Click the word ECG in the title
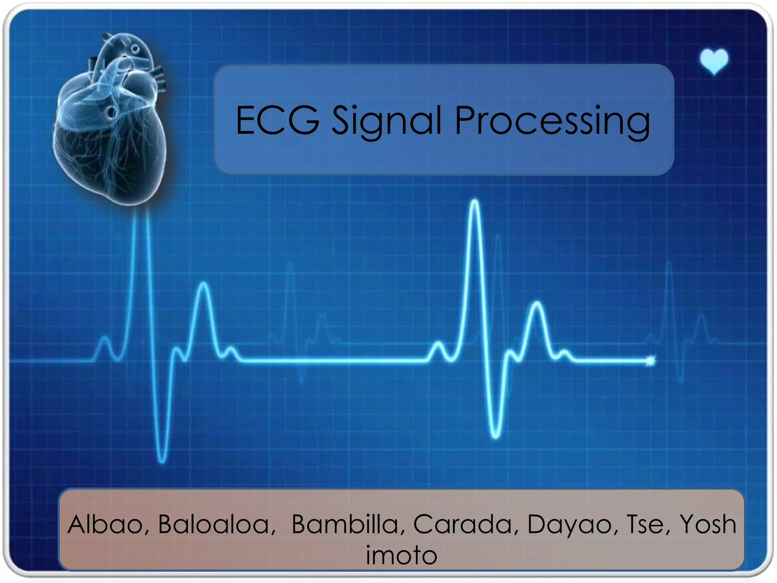pyautogui.click(x=277, y=121)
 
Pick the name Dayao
pyautogui.click(x=569, y=525)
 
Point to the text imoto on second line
pyautogui.click(x=401, y=555)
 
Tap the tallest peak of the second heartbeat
pyautogui.click(x=475, y=202)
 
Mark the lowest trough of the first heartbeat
pyautogui.click(x=162, y=460)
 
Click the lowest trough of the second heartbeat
pyautogui.click(x=495, y=436)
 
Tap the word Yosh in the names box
pyautogui.click(x=708, y=524)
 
